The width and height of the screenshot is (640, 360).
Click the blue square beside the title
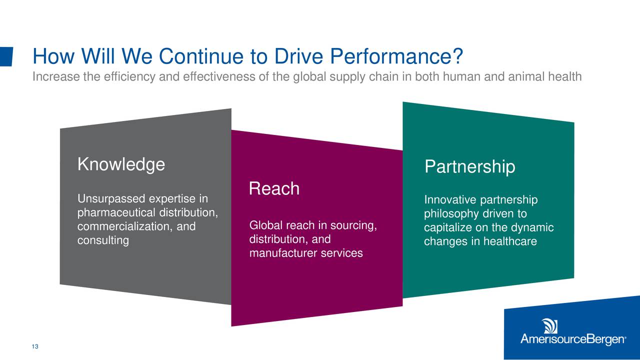pos(6,56)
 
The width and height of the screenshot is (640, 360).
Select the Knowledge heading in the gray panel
pos(121,164)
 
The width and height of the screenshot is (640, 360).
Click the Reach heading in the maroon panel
pos(274,188)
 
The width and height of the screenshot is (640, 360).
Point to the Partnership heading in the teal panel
pos(470,166)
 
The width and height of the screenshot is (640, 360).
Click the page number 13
pos(35,346)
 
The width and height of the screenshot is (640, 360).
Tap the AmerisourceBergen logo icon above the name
pos(549,326)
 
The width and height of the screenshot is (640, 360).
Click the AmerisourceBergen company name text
pos(573,339)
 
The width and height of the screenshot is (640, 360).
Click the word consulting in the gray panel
pos(103,240)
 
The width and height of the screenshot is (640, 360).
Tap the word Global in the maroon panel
pos(266,225)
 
